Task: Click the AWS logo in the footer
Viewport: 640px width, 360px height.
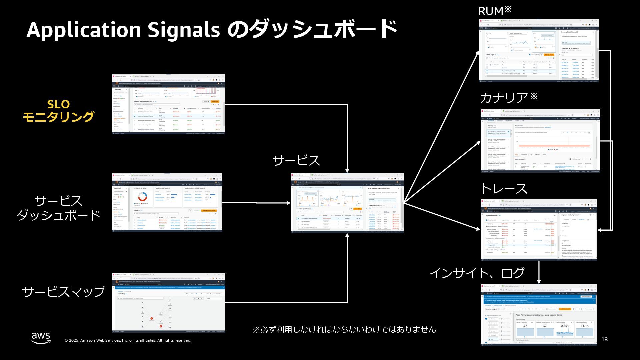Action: pyautogui.click(x=41, y=338)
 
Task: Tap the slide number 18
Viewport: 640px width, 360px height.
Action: pyautogui.click(x=604, y=339)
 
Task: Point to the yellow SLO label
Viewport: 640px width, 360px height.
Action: pyautogui.click(x=58, y=104)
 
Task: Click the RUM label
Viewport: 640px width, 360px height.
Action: pyautogui.click(x=491, y=11)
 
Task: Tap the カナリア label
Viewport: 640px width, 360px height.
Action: pyautogui.click(x=504, y=98)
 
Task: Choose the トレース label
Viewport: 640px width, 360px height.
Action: pyautogui.click(x=504, y=189)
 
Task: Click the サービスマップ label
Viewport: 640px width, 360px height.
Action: pyautogui.click(x=63, y=291)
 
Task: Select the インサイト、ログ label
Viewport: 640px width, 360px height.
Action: pyautogui.click(x=477, y=273)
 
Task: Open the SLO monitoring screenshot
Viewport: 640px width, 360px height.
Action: pyautogui.click(x=168, y=104)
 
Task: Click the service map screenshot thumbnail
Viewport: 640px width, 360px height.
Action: pyautogui.click(x=168, y=303)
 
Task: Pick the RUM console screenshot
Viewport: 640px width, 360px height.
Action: pyautogui.click(x=539, y=50)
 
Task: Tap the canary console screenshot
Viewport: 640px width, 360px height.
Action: pyautogui.click(x=540, y=140)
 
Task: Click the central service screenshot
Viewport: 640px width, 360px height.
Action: pyautogui.click(x=347, y=203)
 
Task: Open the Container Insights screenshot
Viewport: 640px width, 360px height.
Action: pyautogui.click(x=539, y=315)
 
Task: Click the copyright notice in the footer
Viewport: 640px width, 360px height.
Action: pyautogui.click(x=128, y=340)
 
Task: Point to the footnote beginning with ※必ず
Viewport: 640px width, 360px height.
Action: pyautogui.click(x=344, y=330)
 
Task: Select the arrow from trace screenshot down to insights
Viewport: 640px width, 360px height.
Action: pyautogui.click(x=539, y=272)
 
